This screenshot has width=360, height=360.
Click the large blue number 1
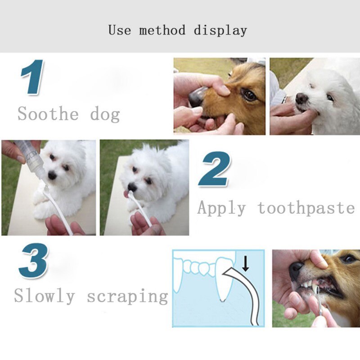(32, 77)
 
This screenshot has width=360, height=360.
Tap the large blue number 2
(215, 170)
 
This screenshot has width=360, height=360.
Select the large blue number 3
(33, 261)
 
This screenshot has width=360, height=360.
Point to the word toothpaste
(306, 208)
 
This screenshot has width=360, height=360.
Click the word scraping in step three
(127, 296)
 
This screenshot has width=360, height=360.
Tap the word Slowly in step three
(44, 296)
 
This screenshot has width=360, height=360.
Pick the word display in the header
(220, 31)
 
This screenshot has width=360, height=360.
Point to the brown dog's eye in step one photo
(248, 94)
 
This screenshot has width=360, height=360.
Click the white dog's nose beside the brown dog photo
(301, 98)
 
